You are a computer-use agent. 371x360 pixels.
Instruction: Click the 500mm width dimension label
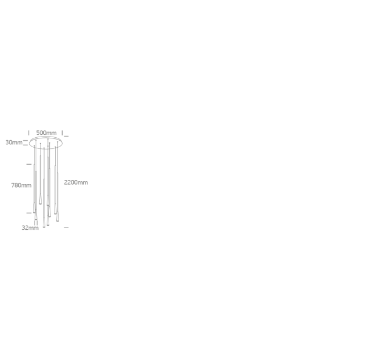(x=46, y=133)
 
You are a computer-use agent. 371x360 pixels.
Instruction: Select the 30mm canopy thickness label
(x=14, y=142)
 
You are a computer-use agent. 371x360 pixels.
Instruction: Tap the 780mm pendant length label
(x=21, y=185)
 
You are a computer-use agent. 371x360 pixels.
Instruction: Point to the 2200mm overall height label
(x=76, y=182)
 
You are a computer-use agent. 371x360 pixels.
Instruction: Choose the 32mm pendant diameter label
(x=30, y=227)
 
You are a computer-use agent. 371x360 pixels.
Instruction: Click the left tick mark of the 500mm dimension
(x=29, y=133)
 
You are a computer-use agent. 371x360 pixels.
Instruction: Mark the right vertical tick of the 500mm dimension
(x=62, y=133)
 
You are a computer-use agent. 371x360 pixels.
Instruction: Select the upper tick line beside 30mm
(x=25, y=141)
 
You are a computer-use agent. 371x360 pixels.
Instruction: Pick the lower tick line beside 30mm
(x=25, y=145)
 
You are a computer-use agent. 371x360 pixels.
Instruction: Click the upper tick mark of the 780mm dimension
(x=29, y=164)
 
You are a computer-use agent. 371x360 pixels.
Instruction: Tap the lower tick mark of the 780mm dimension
(x=29, y=213)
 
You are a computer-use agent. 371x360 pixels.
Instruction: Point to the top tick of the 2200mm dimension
(x=66, y=137)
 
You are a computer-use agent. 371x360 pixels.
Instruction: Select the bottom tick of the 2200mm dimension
(x=66, y=227)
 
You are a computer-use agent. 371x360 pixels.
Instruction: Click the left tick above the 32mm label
(x=35, y=223)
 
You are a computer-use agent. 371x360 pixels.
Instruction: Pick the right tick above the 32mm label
(x=37, y=223)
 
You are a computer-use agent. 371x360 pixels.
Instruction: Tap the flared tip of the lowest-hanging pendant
(x=44, y=227)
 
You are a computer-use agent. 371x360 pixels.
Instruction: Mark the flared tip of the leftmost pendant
(x=34, y=212)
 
